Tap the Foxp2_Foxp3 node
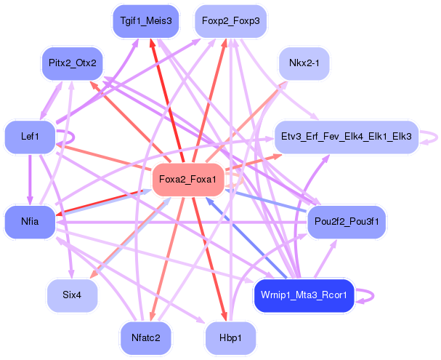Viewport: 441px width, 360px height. pyautogui.click(x=230, y=21)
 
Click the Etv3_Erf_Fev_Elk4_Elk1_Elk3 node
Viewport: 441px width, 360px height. pyautogui.click(x=346, y=136)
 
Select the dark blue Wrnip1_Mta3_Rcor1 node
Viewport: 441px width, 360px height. pyautogui.click(x=304, y=296)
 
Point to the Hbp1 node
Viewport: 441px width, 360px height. pyautogui.click(x=230, y=339)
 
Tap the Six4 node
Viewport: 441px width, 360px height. pyautogui.click(x=72, y=296)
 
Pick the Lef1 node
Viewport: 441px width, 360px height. pyautogui.click(x=30, y=136)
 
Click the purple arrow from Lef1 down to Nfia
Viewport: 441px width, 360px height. pyautogui.click(x=30, y=180)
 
